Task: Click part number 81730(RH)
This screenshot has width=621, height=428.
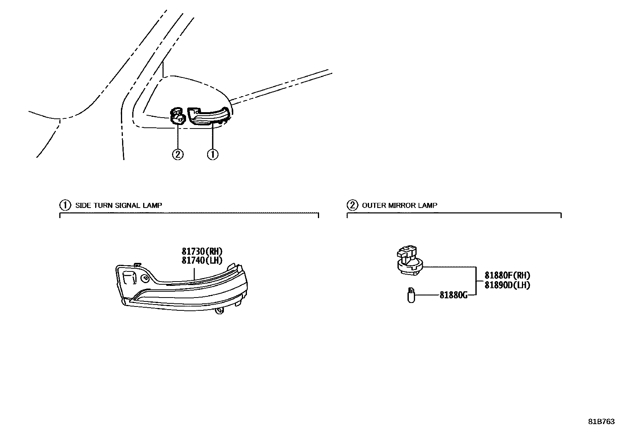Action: click(x=202, y=251)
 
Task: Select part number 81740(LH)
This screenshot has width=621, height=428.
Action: click(x=202, y=260)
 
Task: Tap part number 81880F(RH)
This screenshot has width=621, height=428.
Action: click(x=507, y=275)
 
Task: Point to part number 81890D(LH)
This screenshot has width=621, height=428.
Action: click(x=507, y=285)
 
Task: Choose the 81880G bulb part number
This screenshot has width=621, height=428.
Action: click(x=453, y=295)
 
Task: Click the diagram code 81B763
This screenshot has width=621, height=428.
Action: click(x=602, y=422)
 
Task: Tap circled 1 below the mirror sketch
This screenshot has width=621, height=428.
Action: click(x=213, y=154)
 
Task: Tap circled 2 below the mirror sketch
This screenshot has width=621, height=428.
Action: click(x=177, y=154)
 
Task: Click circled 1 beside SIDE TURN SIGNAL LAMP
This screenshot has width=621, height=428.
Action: click(x=65, y=205)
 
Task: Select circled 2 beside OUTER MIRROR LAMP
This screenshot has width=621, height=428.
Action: click(x=352, y=205)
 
